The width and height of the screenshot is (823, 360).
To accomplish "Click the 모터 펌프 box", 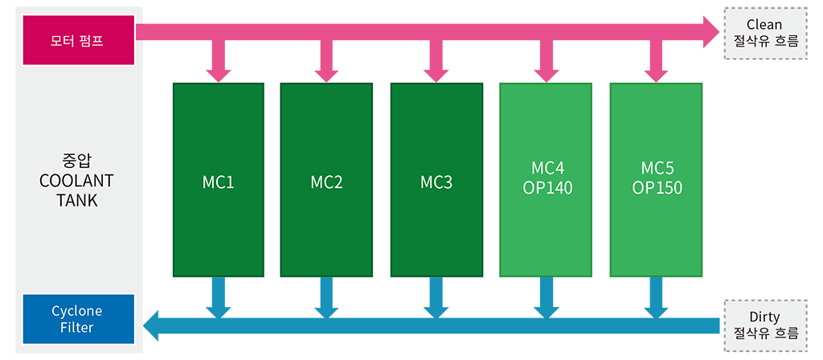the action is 79,40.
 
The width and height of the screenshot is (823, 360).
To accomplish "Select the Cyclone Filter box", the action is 79,319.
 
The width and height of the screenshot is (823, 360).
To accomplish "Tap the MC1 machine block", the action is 219,179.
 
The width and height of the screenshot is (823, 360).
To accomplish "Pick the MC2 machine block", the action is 326,179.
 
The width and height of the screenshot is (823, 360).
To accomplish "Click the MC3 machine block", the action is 436,179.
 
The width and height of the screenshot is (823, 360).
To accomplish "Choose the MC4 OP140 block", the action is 546,179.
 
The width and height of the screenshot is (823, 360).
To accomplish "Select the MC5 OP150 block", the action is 656,179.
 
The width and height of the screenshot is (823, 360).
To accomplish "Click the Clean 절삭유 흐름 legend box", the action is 765,33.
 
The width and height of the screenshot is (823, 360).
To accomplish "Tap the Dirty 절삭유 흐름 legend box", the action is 765,325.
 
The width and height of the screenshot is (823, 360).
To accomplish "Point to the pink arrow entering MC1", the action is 219,60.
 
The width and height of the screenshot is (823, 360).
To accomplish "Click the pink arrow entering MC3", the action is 436,60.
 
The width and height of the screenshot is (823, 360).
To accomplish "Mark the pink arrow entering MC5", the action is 656,60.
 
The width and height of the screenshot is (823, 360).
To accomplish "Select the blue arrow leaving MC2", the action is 326,297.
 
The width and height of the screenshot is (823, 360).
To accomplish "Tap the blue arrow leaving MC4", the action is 546,297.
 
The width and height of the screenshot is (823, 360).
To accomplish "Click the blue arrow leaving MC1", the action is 219,297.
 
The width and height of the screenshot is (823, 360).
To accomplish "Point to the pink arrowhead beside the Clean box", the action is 711,31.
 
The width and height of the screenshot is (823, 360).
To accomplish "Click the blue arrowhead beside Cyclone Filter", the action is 151,325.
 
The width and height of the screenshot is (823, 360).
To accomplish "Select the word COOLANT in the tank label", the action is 76,181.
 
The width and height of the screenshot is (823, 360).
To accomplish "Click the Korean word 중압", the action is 76,160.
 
